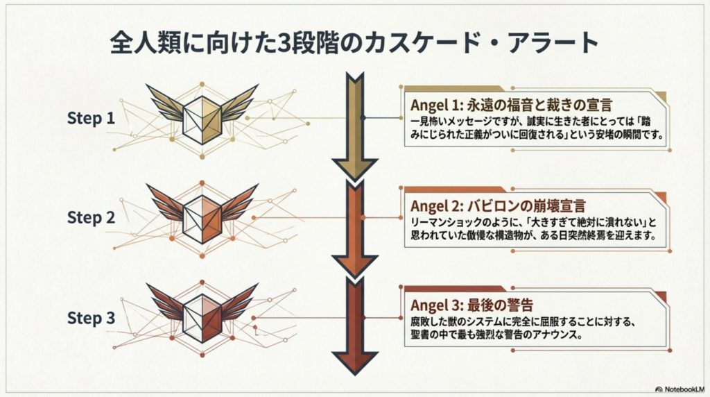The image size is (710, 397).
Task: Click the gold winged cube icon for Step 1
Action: point(202,115)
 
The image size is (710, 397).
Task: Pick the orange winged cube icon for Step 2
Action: point(202,214)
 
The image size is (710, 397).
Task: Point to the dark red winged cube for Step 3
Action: point(202,313)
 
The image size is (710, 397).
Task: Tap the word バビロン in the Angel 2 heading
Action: point(493,206)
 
